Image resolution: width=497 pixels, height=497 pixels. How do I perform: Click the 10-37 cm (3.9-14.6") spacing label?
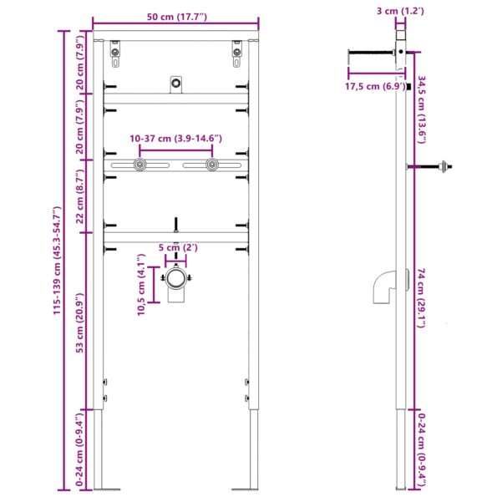(175, 138)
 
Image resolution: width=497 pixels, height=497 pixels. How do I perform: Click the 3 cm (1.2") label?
(402, 11)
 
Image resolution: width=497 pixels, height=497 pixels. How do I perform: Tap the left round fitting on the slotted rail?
(139, 165)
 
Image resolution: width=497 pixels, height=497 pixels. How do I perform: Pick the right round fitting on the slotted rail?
(212, 165)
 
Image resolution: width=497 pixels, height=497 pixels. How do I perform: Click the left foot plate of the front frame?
(106, 487)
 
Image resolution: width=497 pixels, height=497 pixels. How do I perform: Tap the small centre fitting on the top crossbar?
(175, 83)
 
